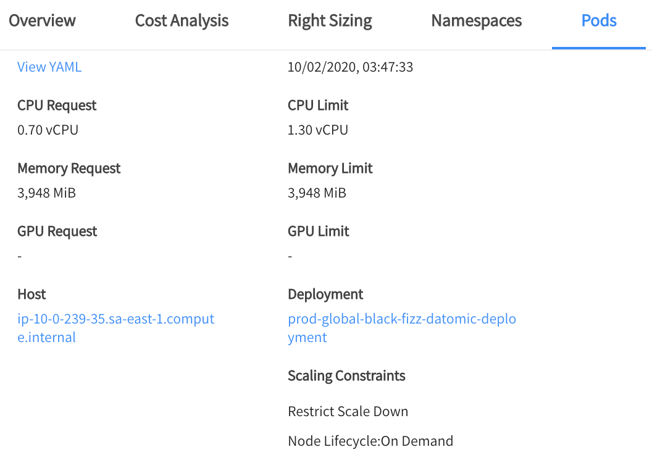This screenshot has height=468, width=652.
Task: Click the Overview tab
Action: point(42,20)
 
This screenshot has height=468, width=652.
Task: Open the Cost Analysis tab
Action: point(182,20)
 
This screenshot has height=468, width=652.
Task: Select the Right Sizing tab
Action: point(330,20)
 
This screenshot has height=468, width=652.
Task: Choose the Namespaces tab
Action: point(476,20)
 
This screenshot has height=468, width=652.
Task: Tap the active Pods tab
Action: point(599,20)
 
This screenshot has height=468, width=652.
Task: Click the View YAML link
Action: point(49,67)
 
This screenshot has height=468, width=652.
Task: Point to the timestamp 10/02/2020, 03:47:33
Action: point(350,67)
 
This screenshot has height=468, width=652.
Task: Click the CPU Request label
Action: point(57,106)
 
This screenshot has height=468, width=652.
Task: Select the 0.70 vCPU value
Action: point(48,130)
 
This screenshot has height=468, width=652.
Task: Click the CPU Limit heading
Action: point(318,106)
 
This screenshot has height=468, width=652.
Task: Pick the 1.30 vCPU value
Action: point(318,130)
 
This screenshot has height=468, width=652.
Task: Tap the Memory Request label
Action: point(69,169)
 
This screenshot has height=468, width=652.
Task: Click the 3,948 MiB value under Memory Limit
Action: point(317,193)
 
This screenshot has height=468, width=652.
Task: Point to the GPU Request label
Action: point(57,232)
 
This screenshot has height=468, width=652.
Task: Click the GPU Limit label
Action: point(319,232)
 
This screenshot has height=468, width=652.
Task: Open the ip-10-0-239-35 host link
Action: point(115,319)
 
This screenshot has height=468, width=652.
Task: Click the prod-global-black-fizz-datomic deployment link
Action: point(401,319)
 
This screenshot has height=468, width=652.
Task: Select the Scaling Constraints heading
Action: point(346,376)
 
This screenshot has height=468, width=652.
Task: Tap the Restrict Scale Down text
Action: point(348,411)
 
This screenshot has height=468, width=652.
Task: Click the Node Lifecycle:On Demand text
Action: point(370,441)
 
